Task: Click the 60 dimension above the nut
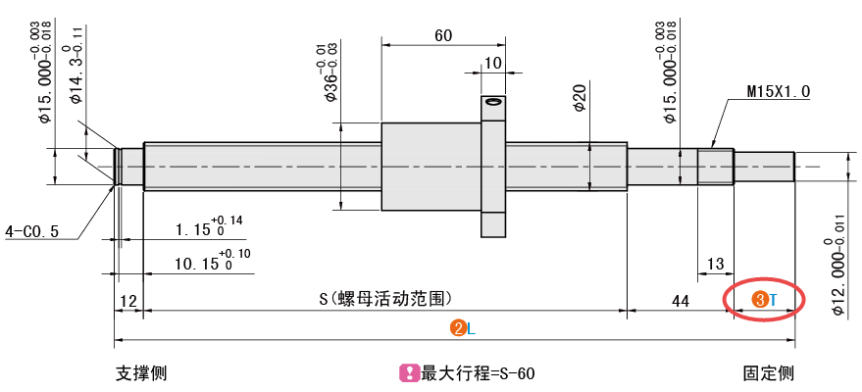(x=442, y=36)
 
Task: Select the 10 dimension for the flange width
(x=492, y=63)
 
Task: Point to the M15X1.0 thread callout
(x=778, y=91)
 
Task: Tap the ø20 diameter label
(x=580, y=98)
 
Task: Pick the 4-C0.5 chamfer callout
(x=32, y=231)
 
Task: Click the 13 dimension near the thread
(x=715, y=263)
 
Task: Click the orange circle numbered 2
(x=457, y=328)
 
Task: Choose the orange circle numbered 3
(x=759, y=299)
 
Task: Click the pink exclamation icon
(x=409, y=373)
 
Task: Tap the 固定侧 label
(x=768, y=373)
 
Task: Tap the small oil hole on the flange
(x=493, y=101)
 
